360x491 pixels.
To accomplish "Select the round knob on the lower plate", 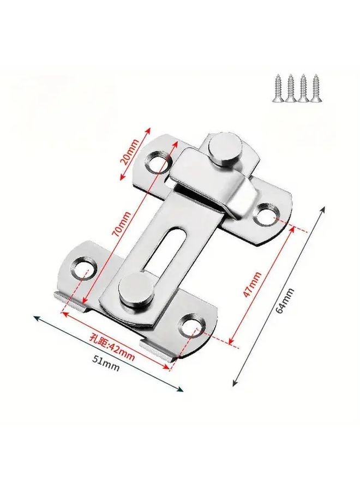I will (x=133, y=289).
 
